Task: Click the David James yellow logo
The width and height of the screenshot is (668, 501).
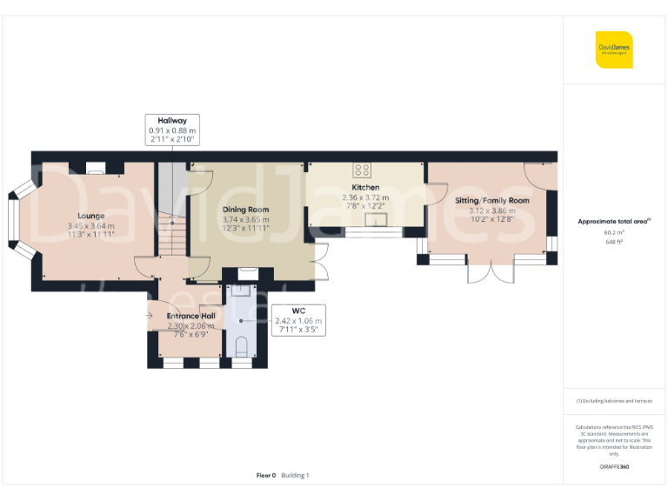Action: click(x=614, y=50)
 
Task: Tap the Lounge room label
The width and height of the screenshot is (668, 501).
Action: click(x=90, y=216)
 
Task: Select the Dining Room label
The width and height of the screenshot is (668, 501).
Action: click(x=246, y=210)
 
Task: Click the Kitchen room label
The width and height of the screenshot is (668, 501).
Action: click(x=365, y=188)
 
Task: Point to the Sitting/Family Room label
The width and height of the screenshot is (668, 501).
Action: click(x=492, y=200)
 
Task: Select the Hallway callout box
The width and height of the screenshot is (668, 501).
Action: click(x=172, y=130)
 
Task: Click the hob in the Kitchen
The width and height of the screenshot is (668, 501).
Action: click(x=362, y=170)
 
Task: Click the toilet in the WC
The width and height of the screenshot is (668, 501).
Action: click(x=242, y=347)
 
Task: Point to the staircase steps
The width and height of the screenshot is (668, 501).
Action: click(x=173, y=235)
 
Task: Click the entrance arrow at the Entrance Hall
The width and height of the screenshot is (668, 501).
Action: click(x=150, y=315)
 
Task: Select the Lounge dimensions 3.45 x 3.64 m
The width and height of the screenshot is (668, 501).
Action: click(x=90, y=226)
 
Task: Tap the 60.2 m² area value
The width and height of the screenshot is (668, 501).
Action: click(x=614, y=233)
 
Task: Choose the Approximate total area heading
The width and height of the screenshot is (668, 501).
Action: click(x=614, y=222)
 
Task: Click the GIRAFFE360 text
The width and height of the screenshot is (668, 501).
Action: click(x=614, y=467)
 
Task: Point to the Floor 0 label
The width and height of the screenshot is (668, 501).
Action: click(x=266, y=476)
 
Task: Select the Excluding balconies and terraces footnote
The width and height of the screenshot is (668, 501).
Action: click(x=614, y=401)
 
